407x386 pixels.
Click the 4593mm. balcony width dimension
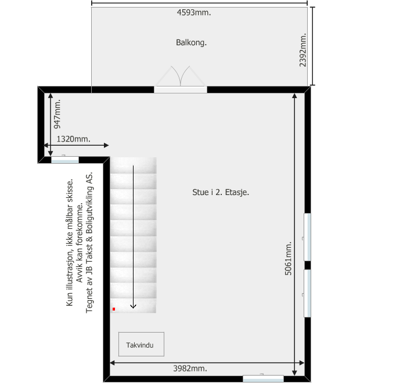click(x=194, y=12)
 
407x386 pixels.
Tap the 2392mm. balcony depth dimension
click(x=302, y=50)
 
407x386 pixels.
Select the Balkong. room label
click(x=191, y=42)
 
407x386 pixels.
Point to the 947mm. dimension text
click(x=57, y=114)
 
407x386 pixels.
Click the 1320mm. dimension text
click(x=74, y=139)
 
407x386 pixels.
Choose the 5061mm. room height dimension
click(x=288, y=258)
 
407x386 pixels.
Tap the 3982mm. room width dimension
click(x=190, y=369)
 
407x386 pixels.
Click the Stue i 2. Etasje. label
click(x=221, y=192)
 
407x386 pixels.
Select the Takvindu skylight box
click(x=141, y=344)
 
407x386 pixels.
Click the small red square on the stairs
click(x=114, y=309)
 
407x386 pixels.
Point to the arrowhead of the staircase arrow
click(x=133, y=307)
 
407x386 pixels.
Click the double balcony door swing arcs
click(x=181, y=76)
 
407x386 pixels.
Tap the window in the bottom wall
click(x=263, y=378)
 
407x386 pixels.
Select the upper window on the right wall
click(x=307, y=237)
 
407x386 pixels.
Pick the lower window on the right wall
click(x=307, y=293)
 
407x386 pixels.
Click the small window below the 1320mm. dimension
click(x=65, y=160)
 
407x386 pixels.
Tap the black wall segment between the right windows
click(x=308, y=265)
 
